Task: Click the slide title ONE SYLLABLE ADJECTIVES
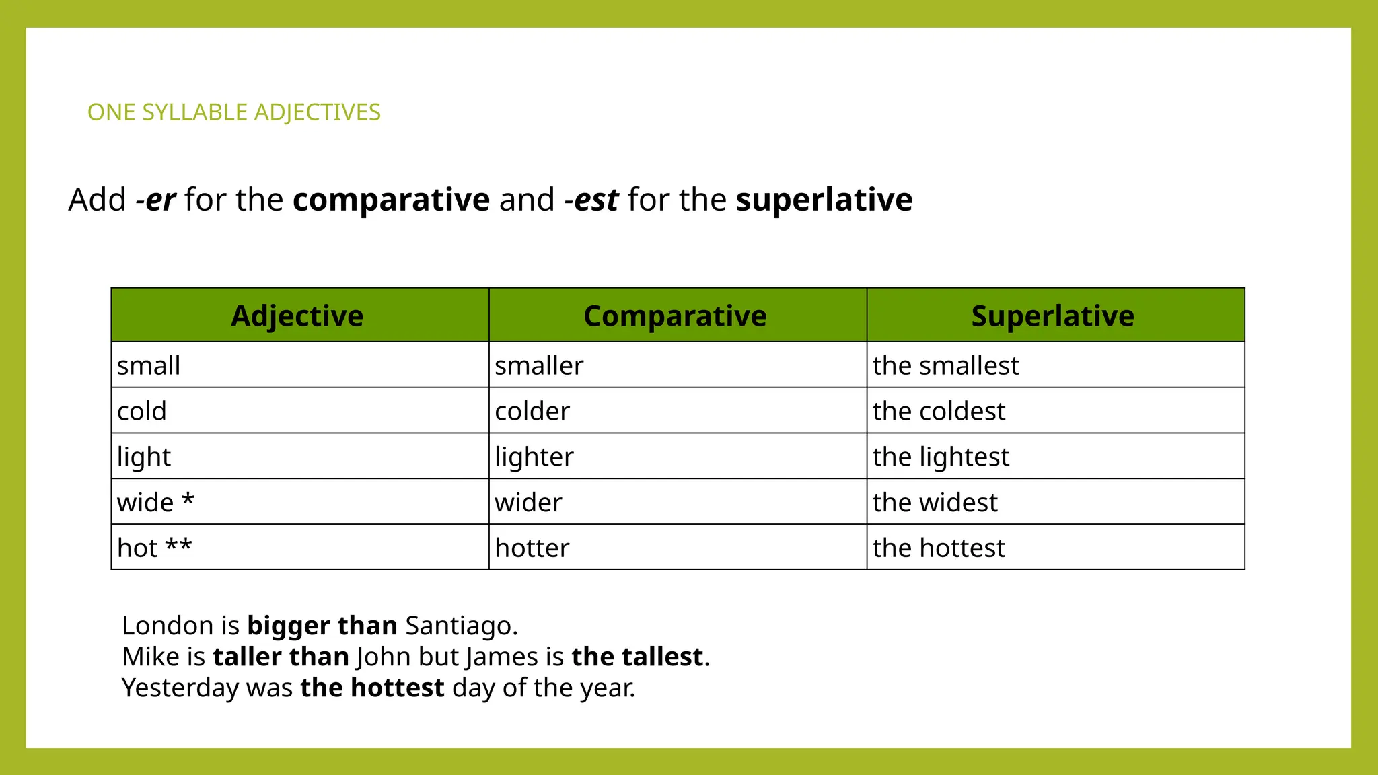coord(233,112)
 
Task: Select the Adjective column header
coord(297,316)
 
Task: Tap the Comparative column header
coord(675,316)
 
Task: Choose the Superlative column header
coord(1052,316)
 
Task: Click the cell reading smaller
coord(539,366)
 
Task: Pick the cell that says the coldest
coord(939,411)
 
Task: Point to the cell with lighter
coord(534,457)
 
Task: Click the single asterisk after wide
coord(188,499)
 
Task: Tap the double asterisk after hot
coord(179,545)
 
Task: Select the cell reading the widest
coord(935,503)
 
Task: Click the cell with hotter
coord(532,548)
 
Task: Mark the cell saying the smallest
coord(945,366)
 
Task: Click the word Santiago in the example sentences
coord(461,626)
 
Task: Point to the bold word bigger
coord(288,626)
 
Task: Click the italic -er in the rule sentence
coord(156,200)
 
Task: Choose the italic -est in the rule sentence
coord(591,200)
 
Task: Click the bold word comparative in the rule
coord(391,200)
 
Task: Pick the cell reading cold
coord(141,411)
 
